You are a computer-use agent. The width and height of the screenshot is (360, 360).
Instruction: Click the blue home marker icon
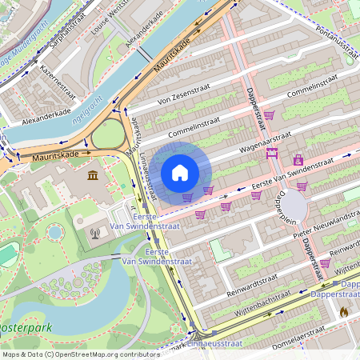tap(180, 173)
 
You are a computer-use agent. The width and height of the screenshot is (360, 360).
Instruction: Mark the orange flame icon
tap(344, 312)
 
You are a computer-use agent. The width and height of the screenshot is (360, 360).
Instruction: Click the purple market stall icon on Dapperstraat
tap(273, 152)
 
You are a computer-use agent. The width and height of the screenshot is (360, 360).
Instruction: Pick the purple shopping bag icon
tap(298, 160)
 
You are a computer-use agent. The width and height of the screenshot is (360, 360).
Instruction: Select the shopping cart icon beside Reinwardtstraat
tap(325, 262)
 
